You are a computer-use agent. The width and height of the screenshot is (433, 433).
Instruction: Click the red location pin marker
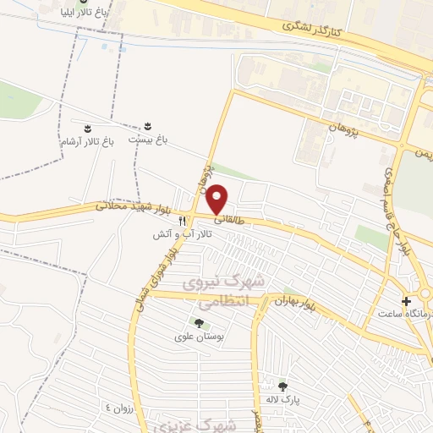click(x=218, y=200)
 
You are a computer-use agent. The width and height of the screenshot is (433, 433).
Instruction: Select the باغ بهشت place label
click(x=149, y=137)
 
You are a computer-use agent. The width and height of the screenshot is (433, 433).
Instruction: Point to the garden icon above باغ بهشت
click(x=150, y=124)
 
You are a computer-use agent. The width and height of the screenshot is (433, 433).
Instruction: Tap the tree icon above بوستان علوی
click(x=199, y=322)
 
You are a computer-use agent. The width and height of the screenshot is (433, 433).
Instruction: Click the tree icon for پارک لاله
click(x=282, y=386)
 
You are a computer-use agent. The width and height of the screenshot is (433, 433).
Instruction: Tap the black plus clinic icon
click(x=408, y=301)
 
